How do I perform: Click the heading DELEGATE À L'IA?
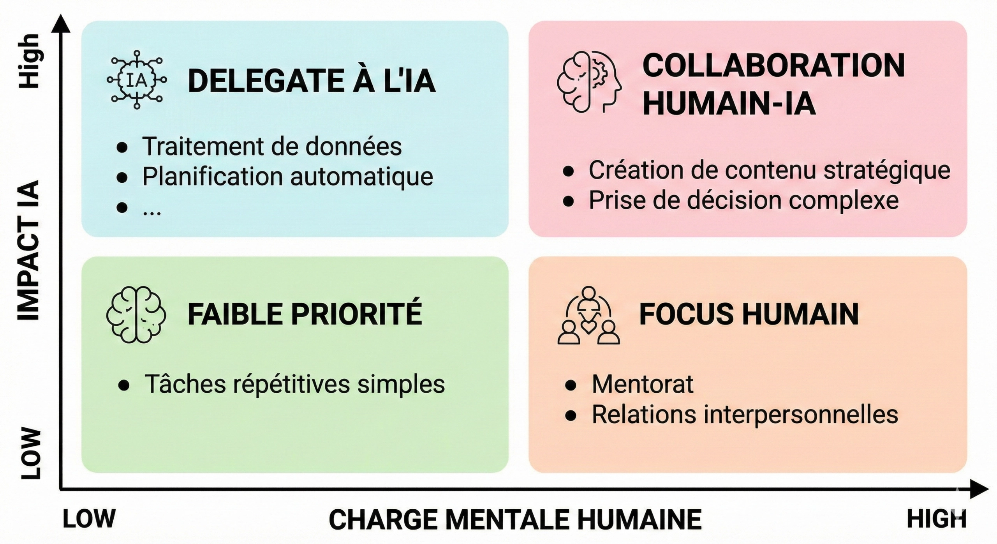pos(312,81)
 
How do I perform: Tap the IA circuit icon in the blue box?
pos(137,80)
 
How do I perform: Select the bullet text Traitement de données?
pos(272,147)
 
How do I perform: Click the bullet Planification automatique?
pos(287,177)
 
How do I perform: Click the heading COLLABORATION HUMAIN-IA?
pos(773,85)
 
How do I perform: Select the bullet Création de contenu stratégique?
pos(769,170)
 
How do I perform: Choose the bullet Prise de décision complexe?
pos(743,200)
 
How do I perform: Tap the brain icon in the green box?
pos(136,314)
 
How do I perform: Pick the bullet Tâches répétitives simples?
pos(294,384)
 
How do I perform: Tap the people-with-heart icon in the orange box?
pos(588,315)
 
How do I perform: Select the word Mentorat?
pos(643,384)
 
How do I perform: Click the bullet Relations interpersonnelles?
pos(745,414)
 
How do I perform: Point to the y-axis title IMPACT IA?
pos(29,250)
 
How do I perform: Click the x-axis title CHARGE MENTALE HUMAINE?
pos(515,520)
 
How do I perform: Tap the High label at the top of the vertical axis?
pos(30,61)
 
